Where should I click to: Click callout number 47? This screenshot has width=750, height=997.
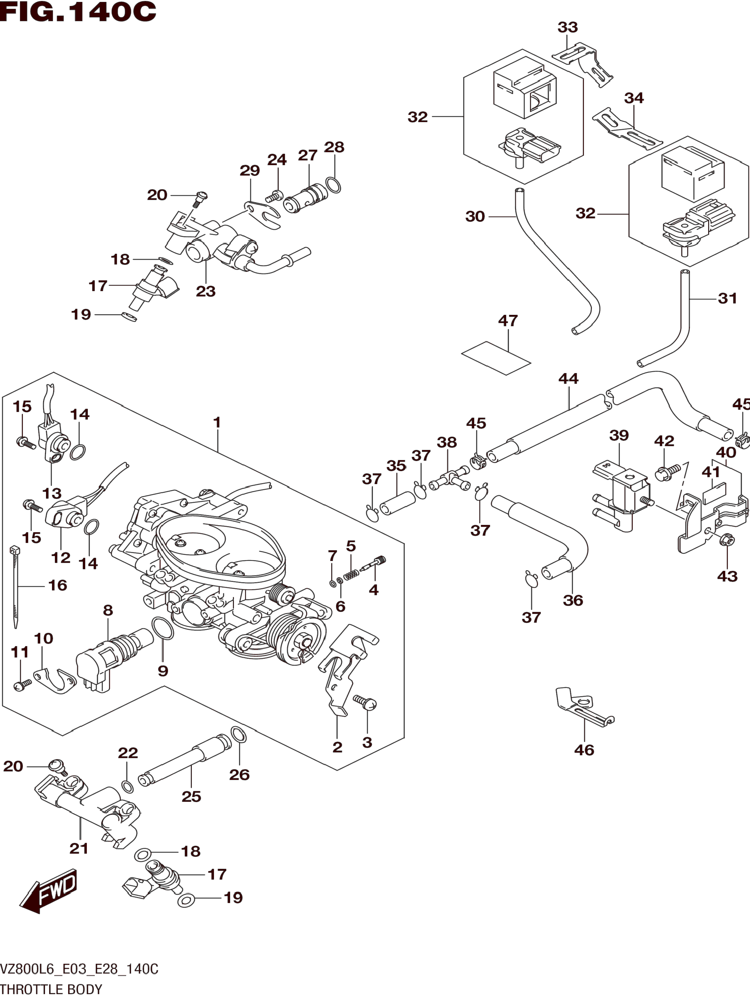click(x=508, y=320)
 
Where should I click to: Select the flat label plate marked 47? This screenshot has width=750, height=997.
click(x=496, y=358)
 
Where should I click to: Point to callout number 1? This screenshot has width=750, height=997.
click(x=217, y=422)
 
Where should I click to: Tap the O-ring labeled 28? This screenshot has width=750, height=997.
click(x=333, y=185)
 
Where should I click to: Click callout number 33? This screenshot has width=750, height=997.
click(x=567, y=27)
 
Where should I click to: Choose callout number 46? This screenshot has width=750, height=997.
click(x=584, y=750)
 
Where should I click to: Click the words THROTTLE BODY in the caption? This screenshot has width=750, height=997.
click(x=51, y=989)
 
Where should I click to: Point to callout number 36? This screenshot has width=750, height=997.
click(x=572, y=600)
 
